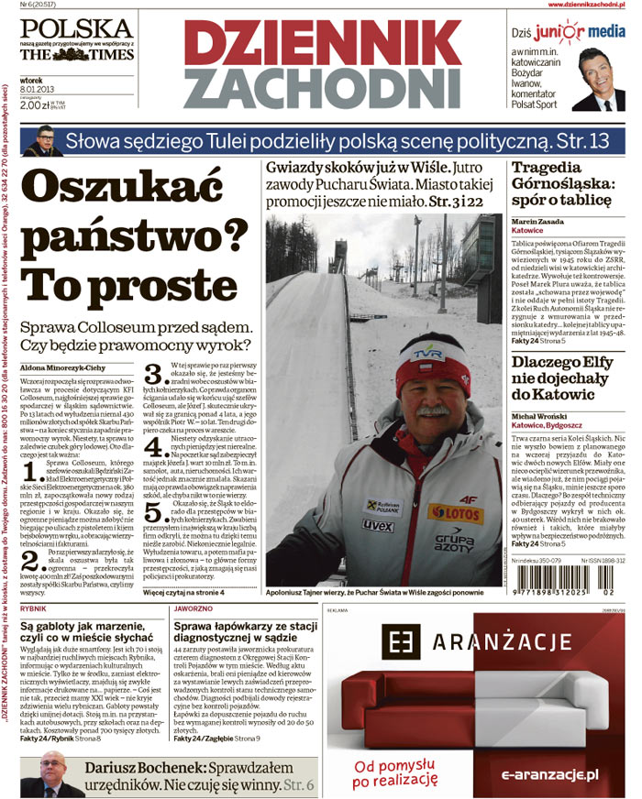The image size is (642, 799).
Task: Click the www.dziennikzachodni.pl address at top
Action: click(581, 5)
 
